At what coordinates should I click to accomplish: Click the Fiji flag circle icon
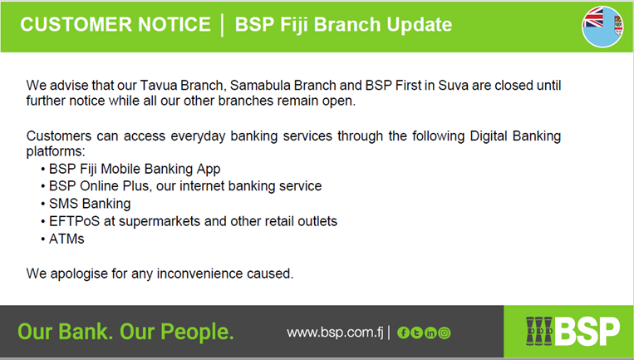click(x=602, y=27)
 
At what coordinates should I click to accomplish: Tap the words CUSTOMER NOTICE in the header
click(x=115, y=24)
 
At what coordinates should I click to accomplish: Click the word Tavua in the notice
click(x=159, y=86)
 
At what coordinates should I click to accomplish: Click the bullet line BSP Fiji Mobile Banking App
click(x=135, y=169)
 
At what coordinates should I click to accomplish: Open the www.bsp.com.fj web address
click(x=335, y=333)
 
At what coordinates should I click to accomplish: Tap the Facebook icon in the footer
click(x=403, y=333)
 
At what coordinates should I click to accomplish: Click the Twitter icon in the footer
click(x=416, y=333)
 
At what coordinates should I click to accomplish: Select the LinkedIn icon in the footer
click(x=430, y=333)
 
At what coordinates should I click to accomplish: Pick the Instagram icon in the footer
click(x=444, y=333)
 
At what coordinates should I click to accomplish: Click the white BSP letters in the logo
click(x=587, y=331)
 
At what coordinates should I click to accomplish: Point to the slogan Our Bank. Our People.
click(x=125, y=332)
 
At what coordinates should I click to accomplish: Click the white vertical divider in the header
click(x=223, y=25)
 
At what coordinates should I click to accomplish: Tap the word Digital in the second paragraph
click(x=488, y=136)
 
